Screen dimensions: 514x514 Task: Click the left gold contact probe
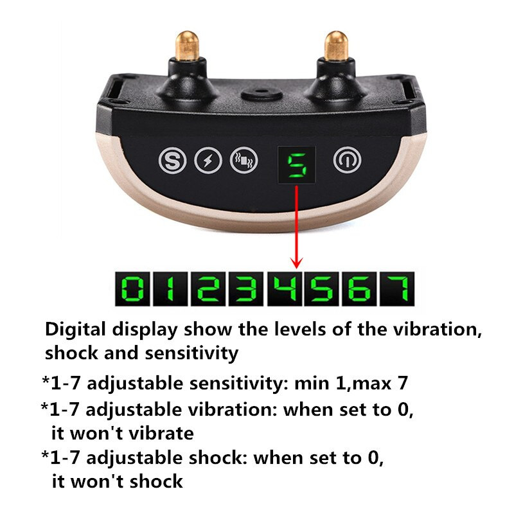click(187, 46)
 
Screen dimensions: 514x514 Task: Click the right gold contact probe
click(335, 46)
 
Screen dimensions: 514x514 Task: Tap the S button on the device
click(172, 161)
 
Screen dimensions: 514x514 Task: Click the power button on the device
click(348, 160)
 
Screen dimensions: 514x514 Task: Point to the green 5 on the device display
click(297, 165)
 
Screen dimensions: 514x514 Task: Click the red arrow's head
click(297, 263)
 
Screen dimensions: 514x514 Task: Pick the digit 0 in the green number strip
click(132, 288)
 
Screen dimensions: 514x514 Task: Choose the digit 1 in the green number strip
click(170, 288)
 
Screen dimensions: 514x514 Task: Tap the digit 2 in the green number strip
click(208, 288)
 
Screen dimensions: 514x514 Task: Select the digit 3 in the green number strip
click(246, 288)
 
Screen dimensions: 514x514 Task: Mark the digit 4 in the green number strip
click(285, 288)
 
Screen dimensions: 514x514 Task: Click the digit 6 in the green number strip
click(359, 288)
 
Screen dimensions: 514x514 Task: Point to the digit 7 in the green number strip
click(398, 288)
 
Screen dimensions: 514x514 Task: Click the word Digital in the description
click(76, 330)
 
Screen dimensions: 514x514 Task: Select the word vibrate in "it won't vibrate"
click(161, 433)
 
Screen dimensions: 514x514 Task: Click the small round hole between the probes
click(261, 94)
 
